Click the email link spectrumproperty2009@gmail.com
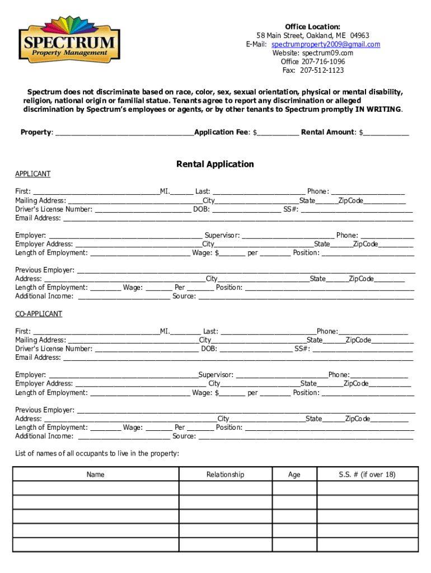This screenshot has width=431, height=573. (325, 44)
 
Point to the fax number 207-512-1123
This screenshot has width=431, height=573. (322, 70)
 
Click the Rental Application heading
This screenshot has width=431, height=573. (215, 164)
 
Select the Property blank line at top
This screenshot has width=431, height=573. (124, 133)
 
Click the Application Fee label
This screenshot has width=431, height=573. (222, 132)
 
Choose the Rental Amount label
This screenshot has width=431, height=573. (327, 132)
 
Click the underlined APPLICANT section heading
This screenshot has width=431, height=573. (32, 174)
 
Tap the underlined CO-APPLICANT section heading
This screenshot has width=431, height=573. (39, 314)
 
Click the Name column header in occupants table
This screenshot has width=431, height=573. (95, 475)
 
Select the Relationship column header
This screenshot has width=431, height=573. (225, 475)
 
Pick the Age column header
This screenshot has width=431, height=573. (294, 475)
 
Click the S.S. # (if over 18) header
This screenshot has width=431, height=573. (367, 475)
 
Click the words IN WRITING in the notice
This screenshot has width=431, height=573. (378, 110)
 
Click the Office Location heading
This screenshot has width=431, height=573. (312, 27)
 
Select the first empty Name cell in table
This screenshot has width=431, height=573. (95, 488)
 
